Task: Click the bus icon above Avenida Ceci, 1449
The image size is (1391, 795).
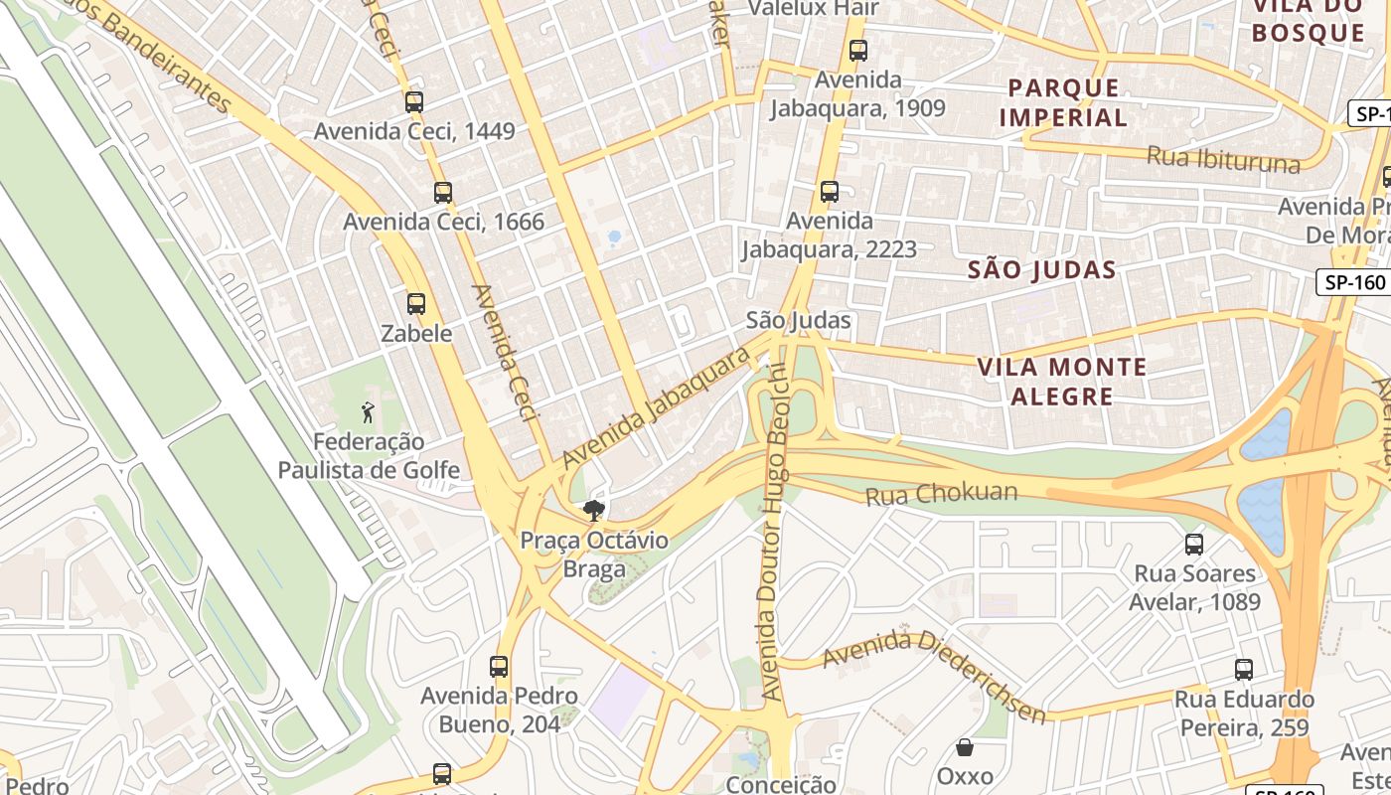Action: click(x=414, y=101)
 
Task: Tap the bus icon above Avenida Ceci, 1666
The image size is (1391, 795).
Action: click(x=443, y=192)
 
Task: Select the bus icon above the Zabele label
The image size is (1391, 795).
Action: click(x=416, y=304)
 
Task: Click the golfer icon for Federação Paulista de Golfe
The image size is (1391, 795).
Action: click(x=369, y=411)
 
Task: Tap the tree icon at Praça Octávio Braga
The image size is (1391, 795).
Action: click(x=594, y=511)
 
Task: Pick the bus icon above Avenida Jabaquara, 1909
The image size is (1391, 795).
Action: click(x=858, y=50)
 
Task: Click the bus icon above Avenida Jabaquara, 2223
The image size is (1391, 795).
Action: click(x=830, y=191)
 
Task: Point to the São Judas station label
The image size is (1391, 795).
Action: click(x=799, y=320)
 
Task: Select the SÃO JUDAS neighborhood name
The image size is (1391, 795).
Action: click(x=1042, y=269)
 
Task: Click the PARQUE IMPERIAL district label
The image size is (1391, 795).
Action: click(x=1063, y=102)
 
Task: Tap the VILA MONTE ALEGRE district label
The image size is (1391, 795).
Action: click(x=1062, y=382)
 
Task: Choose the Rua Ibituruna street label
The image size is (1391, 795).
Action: click(x=1223, y=159)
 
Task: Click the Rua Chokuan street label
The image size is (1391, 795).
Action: click(x=942, y=493)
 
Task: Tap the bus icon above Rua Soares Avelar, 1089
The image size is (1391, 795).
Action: click(x=1194, y=545)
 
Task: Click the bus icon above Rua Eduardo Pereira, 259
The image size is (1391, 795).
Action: click(x=1244, y=670)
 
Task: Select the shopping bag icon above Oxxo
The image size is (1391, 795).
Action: click(x=965, y=747)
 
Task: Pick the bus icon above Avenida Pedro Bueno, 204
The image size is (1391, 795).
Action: click(x=499, y=667)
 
